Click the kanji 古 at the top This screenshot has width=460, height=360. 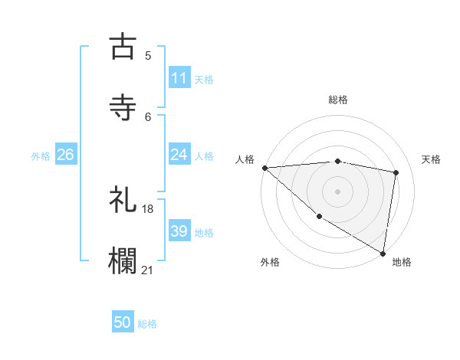pos(123,47)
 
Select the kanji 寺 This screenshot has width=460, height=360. pos(123,107)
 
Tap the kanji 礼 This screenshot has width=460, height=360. pos(123,201)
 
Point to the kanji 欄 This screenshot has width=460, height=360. pos(123,260)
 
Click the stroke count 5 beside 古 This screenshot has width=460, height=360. pos(147,56)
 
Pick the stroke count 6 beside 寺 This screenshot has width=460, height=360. pos(147,116)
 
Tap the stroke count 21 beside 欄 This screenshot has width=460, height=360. pos(147,269)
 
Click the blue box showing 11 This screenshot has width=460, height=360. pos(179,78)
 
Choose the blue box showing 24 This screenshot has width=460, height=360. pos(179,155)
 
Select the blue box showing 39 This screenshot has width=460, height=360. pos(179,231)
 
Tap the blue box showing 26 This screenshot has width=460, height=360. pos(65,155)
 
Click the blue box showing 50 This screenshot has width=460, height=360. pos(123,323)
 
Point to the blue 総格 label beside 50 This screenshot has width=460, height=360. pos(147,324)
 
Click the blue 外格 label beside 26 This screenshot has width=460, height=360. pos(41,155)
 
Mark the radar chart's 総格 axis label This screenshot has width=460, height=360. pos(337,100)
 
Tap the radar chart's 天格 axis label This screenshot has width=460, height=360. pos(431,159)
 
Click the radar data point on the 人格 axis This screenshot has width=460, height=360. pos(264,168)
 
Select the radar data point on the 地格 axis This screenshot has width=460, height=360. pos(383,253)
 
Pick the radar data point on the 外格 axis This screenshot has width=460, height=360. pos(319,216)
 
